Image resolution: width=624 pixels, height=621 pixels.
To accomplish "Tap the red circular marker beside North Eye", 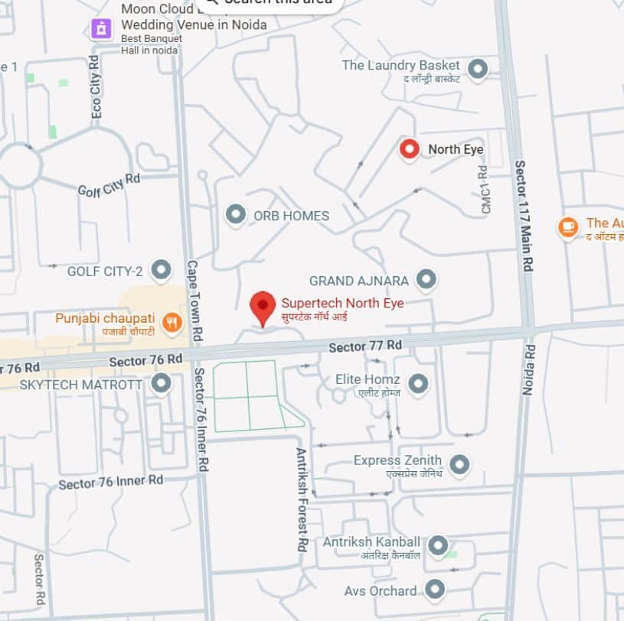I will (x=410, y=149).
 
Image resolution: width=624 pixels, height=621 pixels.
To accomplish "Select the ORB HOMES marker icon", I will (x=236, y=215).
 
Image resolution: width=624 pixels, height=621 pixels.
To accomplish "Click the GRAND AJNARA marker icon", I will (x=426, y=280).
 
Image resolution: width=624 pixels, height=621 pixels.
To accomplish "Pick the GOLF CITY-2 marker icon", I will (x=161, y=270).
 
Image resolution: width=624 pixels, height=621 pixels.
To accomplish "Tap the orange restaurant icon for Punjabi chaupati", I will (x=172, y=324).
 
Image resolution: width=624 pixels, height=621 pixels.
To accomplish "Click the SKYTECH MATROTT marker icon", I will (x=162, y=383).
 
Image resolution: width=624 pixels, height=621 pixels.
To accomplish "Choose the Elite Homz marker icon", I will (x=417, y=384).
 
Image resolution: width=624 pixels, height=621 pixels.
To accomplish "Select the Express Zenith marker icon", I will (x=459, y=464).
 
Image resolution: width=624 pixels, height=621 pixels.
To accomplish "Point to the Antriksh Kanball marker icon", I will (x=437, y=546).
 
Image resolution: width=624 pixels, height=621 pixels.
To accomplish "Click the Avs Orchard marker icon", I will (x=435, y=590).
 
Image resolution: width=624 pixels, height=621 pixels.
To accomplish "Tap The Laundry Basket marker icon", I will (x=478, y=70).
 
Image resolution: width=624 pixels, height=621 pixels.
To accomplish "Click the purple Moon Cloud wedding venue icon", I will (x=101, y=29).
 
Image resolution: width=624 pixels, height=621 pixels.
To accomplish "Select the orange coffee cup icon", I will (x=567, y=227).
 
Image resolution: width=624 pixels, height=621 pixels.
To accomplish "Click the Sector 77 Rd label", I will (x=365, y=346).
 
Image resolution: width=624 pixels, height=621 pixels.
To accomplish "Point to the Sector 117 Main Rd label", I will (x=524, y=216).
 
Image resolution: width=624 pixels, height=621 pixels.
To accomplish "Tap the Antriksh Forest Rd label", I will (x=302, y=499).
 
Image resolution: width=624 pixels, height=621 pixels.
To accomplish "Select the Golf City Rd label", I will (x=109, y=184).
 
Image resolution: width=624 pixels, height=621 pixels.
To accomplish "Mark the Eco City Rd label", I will (x=96, y=86).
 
